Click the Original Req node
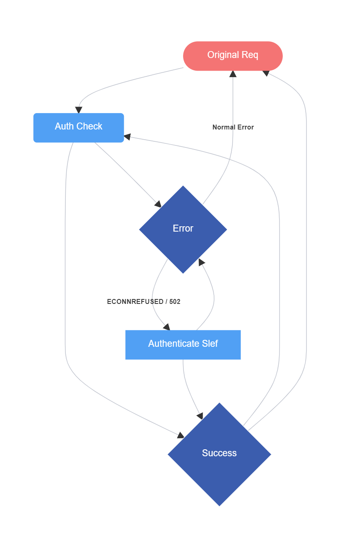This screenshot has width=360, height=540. pyautogui.click(x=233, y=56)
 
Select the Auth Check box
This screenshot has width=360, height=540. pyautogui.click(x=78, y=127)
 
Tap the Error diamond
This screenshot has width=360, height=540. pyautogui.click(x=183, y=229)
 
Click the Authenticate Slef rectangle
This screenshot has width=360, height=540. pyautogui.click(x=183, y=344)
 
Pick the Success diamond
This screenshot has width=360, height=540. pyautogui.click(x=219, y=454)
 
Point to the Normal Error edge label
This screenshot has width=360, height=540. pyautogui.click(x=233, y=127)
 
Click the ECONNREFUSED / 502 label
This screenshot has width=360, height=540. pyautogui.click(x=143, y=302)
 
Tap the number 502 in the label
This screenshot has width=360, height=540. pyautogui.click(x=175, y=302)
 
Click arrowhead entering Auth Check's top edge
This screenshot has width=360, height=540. pyautogui.click(x=78, y=110)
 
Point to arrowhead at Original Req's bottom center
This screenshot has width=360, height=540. pyautogui.click(x=233, y=74)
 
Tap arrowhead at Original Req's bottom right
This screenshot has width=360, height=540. pyautogui.click(x=266, y=73)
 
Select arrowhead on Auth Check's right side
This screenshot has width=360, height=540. pyautogui.click(x=127, y=137)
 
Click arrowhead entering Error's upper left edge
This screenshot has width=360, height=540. pyautogui.click(x=158, y=204)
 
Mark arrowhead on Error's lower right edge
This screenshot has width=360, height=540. pyautogui.click(x=201, y=262)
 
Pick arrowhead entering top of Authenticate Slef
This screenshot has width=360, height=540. pyautogui.click(x=166, y=327)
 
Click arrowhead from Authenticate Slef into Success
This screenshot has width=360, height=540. pyautogui.click(x=200, y=416)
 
